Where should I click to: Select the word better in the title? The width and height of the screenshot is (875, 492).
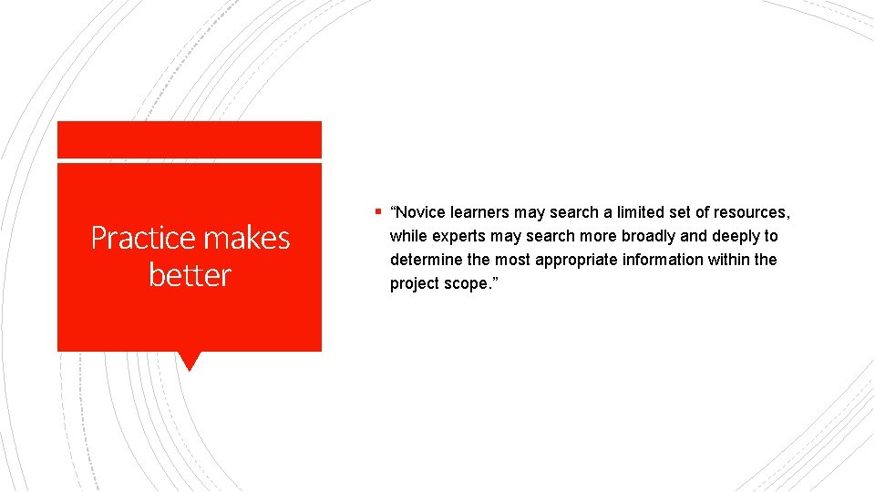tap(190, 274)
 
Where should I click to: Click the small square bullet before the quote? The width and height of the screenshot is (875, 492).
tap(378, 211)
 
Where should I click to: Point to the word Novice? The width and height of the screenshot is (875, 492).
tap(421, 212)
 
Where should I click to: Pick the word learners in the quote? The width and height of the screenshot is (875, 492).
tap(480, 212)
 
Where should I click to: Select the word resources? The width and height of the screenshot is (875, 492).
tap(751, 212)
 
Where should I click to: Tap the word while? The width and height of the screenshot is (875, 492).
tap(407, 236)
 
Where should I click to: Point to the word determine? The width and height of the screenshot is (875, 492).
tap(426, 260)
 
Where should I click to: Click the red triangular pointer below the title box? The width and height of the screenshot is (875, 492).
tap(190, 361)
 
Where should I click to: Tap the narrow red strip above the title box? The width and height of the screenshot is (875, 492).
tap(190, 139)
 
